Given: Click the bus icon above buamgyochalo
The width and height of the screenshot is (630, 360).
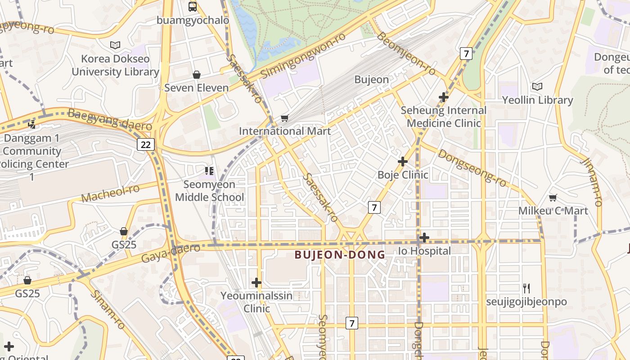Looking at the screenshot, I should click(193, 6).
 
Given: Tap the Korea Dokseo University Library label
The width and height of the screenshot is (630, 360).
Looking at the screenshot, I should click(115, 65).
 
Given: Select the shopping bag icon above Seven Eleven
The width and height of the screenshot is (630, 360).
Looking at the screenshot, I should click(197, 75).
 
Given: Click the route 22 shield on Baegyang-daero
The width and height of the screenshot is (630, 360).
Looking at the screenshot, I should click(146, 144).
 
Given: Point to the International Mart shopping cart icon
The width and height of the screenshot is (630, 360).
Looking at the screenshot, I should click(284, 118).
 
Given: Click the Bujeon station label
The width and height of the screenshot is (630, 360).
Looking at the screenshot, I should click(371, 80).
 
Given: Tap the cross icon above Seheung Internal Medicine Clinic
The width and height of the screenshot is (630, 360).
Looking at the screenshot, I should click(444, 97).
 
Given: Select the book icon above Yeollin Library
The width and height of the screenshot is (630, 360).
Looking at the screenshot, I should click(537, 86).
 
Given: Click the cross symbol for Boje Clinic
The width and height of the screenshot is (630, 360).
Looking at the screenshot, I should click(403, 161).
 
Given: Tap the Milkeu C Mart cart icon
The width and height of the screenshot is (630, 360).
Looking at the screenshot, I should click(553, 198).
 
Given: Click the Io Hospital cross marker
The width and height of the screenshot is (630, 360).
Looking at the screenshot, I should click(424, 238).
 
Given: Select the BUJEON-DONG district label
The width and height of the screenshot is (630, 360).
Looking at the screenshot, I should click(340, 255).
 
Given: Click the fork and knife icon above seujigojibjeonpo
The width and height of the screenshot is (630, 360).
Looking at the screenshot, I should click(526, 288).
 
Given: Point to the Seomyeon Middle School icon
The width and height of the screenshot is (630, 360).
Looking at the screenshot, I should click(209, 171).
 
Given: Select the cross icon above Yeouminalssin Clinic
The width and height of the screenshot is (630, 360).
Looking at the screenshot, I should click(256, 283).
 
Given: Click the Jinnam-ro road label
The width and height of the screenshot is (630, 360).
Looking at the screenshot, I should click(591, 182).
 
